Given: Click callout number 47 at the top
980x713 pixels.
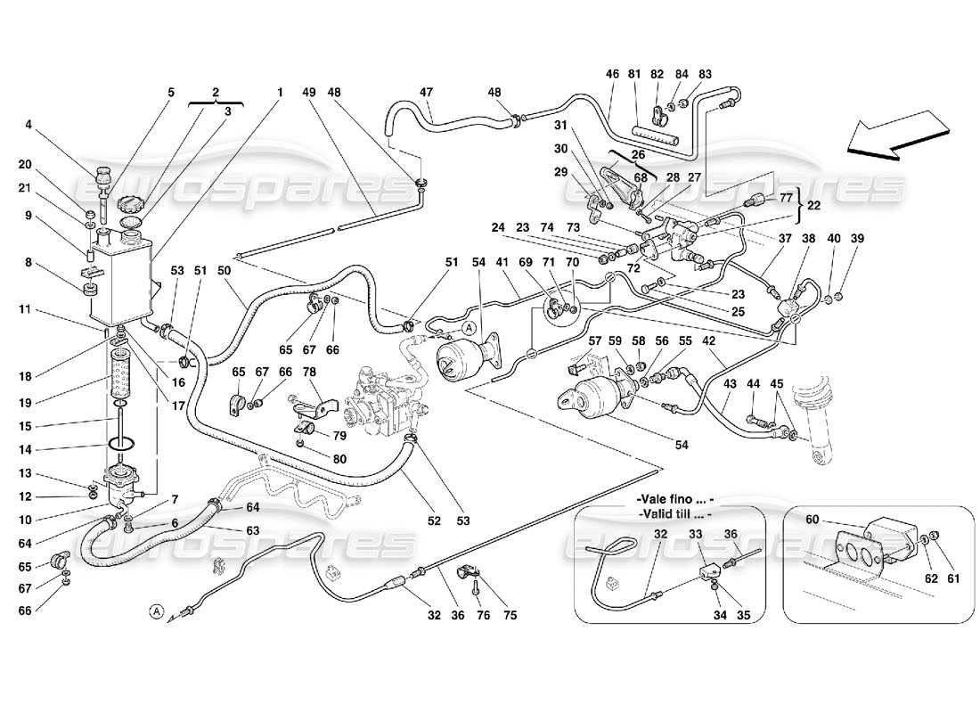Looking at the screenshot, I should click(x=426, y=92).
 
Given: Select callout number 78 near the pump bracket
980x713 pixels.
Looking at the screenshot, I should click(x=308, y=395).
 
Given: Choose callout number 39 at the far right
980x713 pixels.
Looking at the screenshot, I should click(x=857, y=238).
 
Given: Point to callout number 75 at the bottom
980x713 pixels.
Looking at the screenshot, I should click(x=509, y=614).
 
